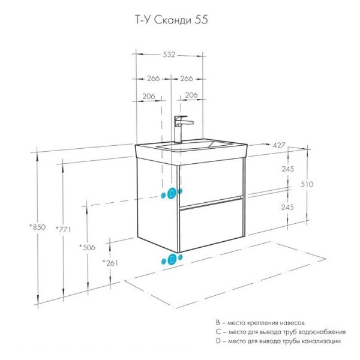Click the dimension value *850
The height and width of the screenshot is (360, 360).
pyautogui.click(x=37, y=227)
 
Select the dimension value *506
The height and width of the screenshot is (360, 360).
pyautogui.click(x=88, y=247)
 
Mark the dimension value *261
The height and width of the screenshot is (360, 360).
pyautogui.click(x=110, y=263)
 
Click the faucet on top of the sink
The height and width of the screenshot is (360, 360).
pyautogui.click(x=180, y=128)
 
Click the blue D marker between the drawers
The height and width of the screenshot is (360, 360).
pyautogui.click(x=172, y=193)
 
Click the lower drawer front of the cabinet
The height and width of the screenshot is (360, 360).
pyautogui.click(x=211, y=225)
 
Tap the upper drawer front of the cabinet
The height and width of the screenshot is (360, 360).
pyautogui.click(x=211, y=180)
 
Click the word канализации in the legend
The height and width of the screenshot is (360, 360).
pyautogui.click(x=322, y=341)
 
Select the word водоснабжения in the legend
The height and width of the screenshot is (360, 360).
pyautogui.click(x=322, y=332)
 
